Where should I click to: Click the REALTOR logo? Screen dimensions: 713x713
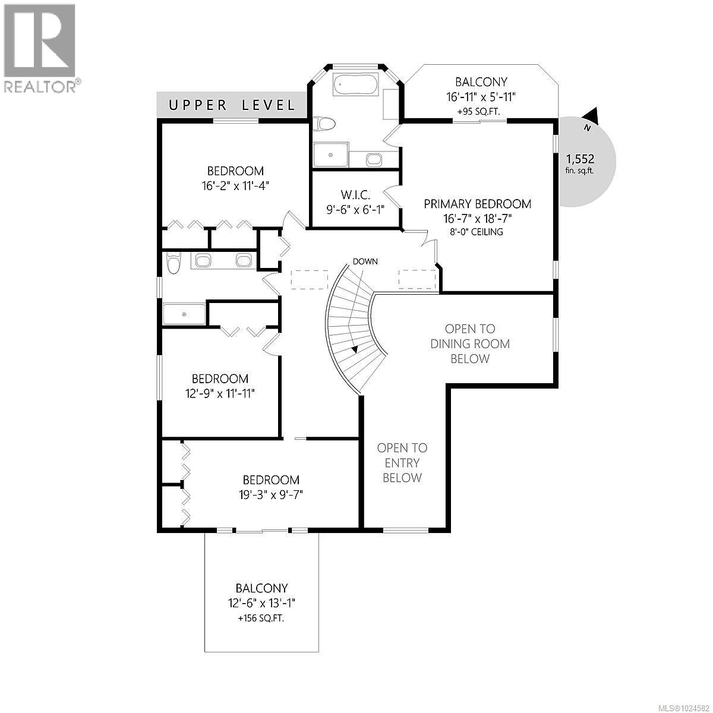point(39,48)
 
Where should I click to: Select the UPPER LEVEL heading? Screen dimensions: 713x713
point(232,106)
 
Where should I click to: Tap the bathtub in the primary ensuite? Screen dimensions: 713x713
point(355,84)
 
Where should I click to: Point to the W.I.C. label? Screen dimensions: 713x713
point(356,195)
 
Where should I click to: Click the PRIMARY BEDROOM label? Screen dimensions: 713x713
point(477,204)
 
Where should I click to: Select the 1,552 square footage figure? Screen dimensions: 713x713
point(580,159)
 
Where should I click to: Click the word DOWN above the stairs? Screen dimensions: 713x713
point(365,261)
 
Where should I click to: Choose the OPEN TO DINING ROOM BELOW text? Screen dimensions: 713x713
point(470,343)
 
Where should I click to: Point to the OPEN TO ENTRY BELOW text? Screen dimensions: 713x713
point(402,463)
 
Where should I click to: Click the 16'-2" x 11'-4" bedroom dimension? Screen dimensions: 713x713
point(235,185)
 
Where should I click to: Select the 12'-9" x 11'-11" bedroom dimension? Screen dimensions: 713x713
point(220,393)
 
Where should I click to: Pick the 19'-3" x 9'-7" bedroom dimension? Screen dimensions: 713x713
point(270,494)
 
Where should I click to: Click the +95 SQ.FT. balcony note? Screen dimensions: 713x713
point(481,111)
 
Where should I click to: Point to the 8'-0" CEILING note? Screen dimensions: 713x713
point(477,232)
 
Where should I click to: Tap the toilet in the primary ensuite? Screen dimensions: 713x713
point(324,124)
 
